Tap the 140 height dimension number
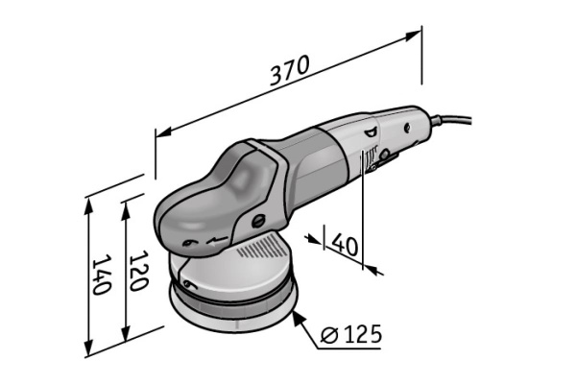click(x=100, y=276)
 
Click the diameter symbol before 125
click(x=328, y=335)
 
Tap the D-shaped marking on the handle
click(x=370, y=133)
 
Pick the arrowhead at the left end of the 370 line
click(x=160, y=133)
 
